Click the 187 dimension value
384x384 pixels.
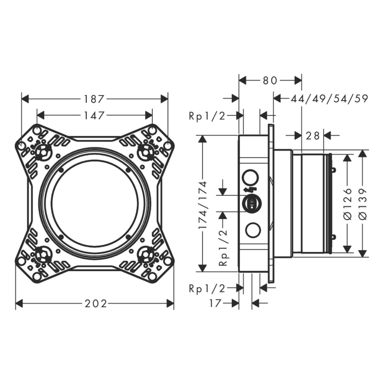tap(95, 99)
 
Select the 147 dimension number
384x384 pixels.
tap(95, 115)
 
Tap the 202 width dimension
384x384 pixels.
tap(95, 303)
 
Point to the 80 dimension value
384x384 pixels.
tap(270, 81)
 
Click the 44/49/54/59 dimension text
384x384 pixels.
tap(329, 99)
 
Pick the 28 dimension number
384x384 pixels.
tap(312, 136)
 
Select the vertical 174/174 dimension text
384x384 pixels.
tap(203, 204)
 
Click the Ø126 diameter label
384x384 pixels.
tap(348, 204)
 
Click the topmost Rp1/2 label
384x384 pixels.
tap(206, 115)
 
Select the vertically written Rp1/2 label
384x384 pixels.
tap(223, 247)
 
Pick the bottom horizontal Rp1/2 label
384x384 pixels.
tap(206, 288)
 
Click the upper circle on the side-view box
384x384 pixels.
tap(251, 178)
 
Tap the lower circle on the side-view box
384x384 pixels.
tap(251, 231)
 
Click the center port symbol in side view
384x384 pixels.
tap(250, 204)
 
